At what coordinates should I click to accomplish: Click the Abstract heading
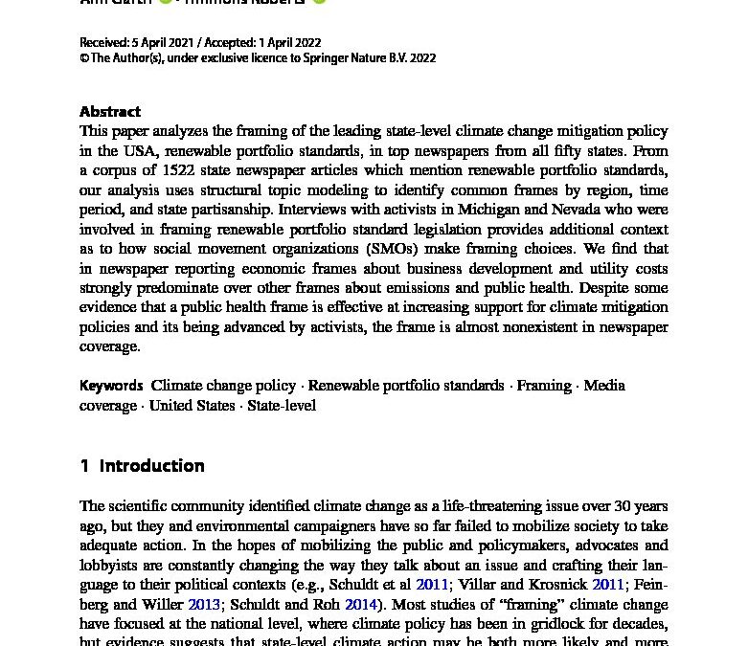tap(110, 111)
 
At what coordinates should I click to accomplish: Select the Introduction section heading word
tap(151, 466)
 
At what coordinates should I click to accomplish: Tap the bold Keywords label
tap(111, 386)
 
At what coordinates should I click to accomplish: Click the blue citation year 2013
tap(204, 605)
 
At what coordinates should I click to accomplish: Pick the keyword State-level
tap(282, 406)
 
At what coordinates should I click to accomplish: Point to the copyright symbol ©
tap(84, 58)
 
